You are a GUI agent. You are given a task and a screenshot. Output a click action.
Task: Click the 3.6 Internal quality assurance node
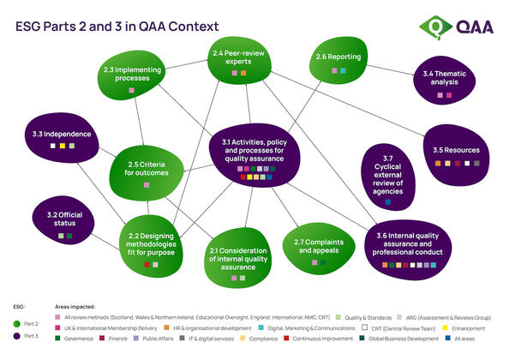(x=409, y=245)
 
